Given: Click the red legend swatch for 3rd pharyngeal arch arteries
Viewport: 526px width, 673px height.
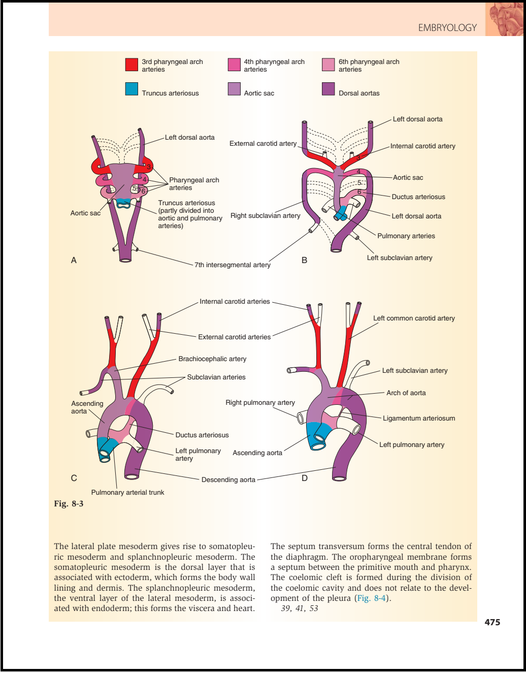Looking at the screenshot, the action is click(x=131, y=65).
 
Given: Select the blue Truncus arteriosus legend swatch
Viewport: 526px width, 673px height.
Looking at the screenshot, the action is click(x=131, y=89).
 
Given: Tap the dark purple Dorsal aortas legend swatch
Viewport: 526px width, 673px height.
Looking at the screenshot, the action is click(x=328, y=89).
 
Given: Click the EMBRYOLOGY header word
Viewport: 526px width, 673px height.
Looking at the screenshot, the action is click(x=447, y=28).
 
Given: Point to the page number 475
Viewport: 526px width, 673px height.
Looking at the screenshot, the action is click(x=492, y=622).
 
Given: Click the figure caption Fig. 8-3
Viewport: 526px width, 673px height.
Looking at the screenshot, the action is click(x=69, y=504).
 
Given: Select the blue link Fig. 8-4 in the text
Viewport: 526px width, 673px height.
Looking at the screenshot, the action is click(x=372, y=598).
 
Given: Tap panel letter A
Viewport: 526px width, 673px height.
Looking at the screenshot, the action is click(x=74, y=260).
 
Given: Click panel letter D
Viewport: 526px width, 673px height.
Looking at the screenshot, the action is click(x=305, y=478).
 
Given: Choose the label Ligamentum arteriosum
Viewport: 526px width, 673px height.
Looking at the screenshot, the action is click(x=419, y=418).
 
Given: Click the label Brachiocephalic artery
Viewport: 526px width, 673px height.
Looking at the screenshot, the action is click(x=212, y=359).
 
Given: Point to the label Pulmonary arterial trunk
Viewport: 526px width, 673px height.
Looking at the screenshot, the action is click(x=127, y=493).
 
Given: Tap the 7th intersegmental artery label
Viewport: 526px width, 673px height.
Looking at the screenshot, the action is click(x=232, y=265).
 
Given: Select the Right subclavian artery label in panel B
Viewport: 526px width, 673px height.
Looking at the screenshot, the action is click(x=266, y=215).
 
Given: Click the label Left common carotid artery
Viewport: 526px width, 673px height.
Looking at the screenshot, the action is click(x=414, y=318).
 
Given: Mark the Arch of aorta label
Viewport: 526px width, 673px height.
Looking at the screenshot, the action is click(x=406, y=393).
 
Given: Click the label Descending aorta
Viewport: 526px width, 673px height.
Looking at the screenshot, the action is click(x=228, y=480).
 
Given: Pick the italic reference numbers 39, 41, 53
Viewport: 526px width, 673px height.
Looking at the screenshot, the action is click(x=300, y=608).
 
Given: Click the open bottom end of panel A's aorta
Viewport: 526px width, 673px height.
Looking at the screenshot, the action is click(x=125, y=260).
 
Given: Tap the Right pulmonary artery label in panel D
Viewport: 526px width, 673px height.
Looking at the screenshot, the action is click(x=260, y=402).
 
